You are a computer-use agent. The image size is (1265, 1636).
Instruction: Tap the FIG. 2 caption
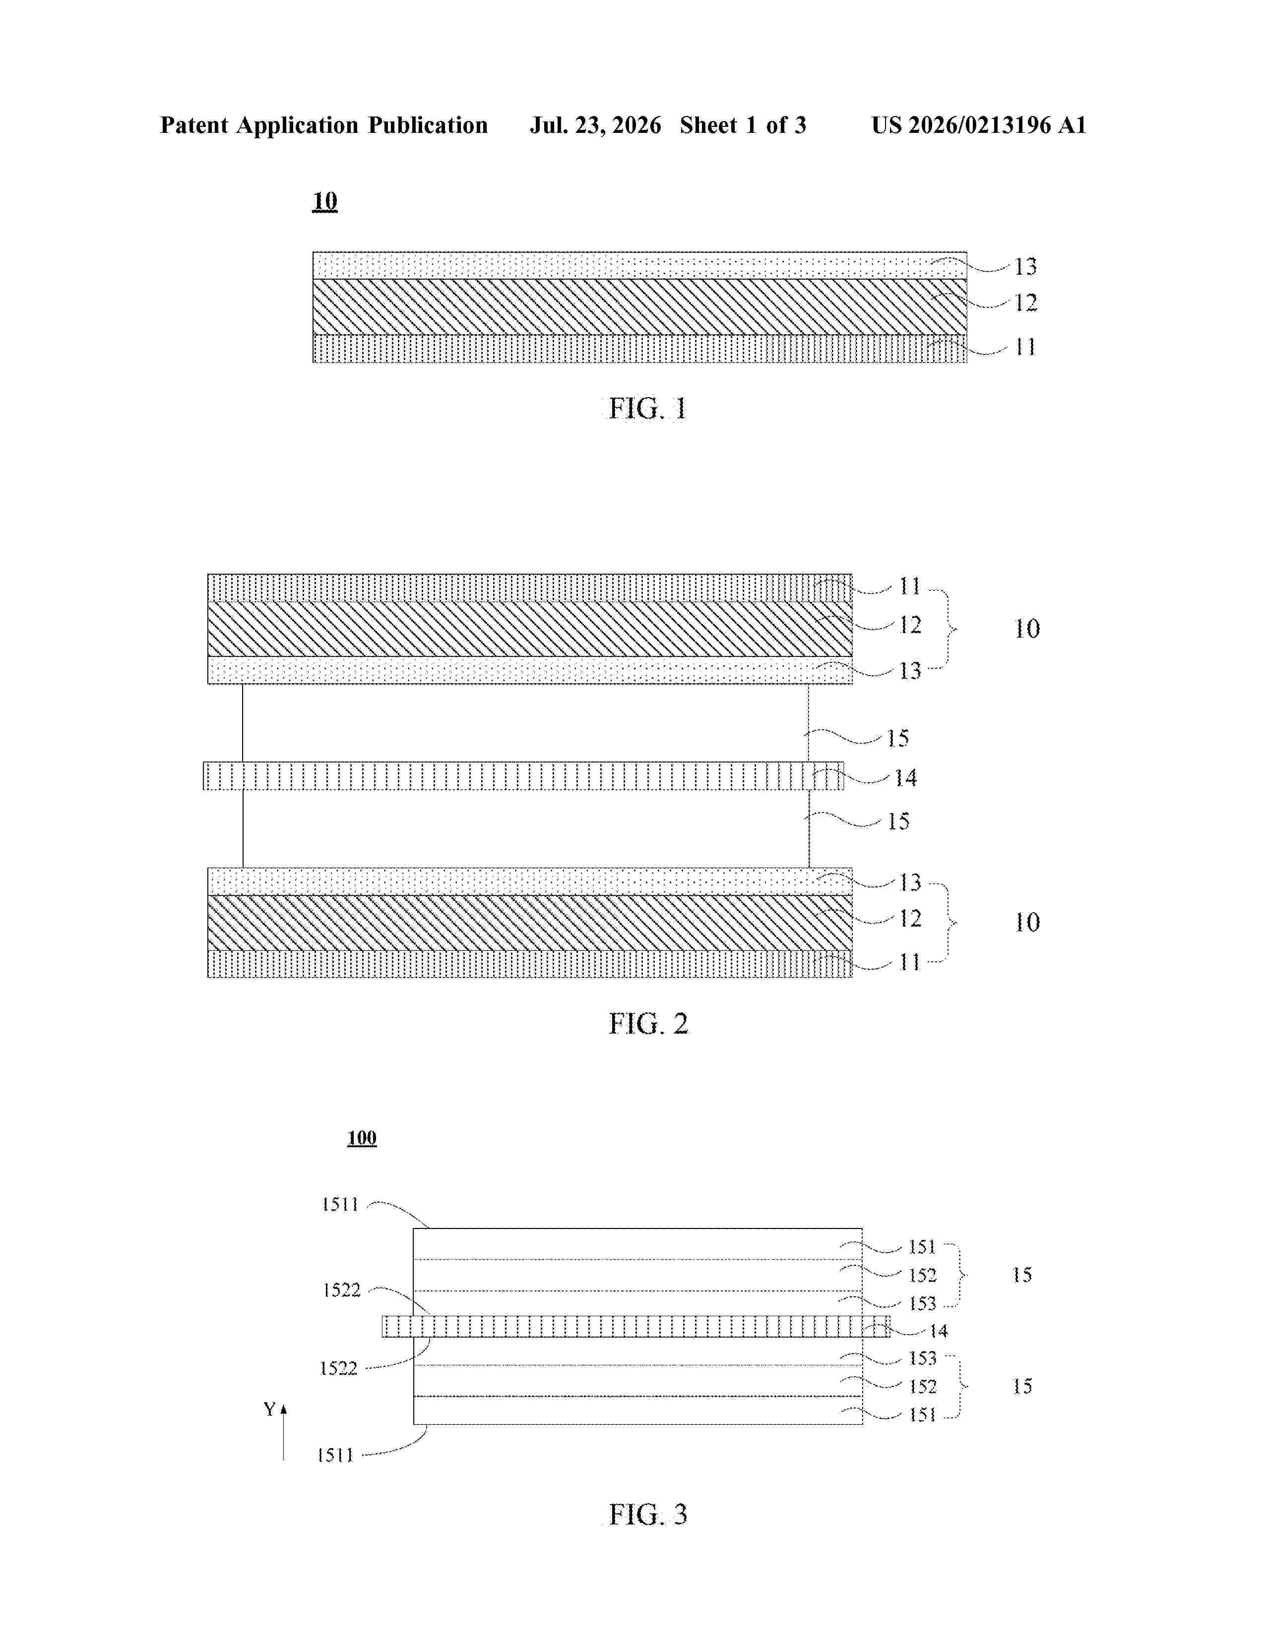pyautogui.click(x=648, y=1023)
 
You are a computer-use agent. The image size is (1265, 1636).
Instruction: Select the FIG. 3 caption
pyautogui.click(x=648, y=1514)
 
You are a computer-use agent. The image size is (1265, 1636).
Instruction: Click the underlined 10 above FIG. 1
pyautogui.click(x=324, y=201)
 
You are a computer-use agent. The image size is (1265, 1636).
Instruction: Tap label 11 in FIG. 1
pyautogui.click(x=1025, y=347)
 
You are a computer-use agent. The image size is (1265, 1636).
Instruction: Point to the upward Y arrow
pyautogui.click(x=283, y=1432)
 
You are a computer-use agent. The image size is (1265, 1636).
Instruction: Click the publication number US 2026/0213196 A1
pyautogui.click(x=979, y=125)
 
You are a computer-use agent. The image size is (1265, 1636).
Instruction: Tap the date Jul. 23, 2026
pyautogui.click(x=596, y=125)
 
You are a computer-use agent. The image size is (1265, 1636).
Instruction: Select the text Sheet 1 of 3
pyautogui.click(x=743, y=125)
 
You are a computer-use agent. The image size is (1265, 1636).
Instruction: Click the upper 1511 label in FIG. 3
pyautogui.click(x=340, y=1205)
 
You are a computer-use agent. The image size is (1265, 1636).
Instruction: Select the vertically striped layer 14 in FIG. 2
pyautogui.click(x=523, y=776)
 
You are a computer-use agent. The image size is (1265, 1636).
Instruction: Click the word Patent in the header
pyautogui.click(x=194, y=125)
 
